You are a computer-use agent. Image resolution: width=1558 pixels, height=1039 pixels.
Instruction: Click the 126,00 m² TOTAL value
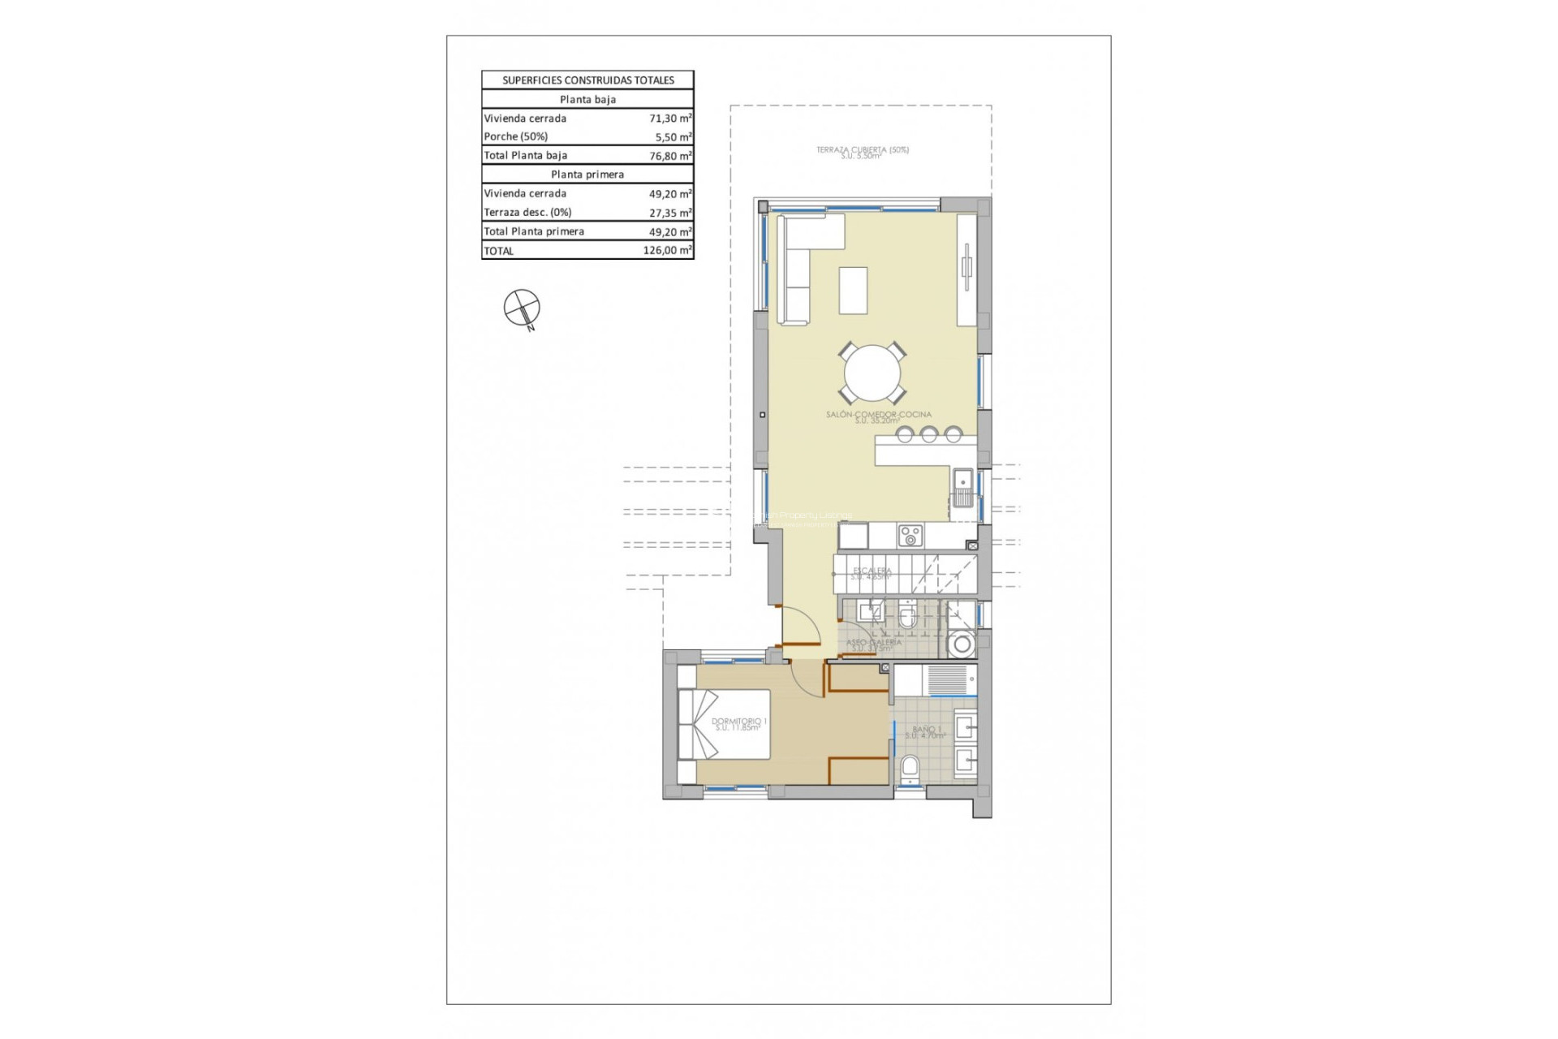pos(667,251)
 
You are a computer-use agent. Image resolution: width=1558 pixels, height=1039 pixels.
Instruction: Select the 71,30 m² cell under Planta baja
pos(669,119)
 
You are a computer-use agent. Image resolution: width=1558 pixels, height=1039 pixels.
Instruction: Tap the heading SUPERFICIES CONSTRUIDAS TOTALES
pos(587,80)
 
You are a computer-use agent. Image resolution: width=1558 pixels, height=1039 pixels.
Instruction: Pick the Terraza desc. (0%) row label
pos(527,213)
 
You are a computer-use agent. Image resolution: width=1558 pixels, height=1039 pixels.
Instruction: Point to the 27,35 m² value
pos(669,213)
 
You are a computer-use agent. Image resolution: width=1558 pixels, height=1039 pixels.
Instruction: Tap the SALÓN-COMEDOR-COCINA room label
pos(879,415)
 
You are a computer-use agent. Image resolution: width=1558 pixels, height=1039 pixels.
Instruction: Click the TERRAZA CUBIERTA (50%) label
pos(862,150)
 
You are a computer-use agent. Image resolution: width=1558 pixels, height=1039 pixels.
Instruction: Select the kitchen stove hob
pos(910,536)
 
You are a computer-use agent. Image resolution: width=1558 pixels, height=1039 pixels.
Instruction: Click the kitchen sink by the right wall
pos(963,488)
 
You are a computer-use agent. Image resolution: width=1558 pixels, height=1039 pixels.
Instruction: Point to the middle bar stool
pos(929,435)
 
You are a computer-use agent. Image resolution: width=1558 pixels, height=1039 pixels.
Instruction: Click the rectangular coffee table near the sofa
pos(853,290)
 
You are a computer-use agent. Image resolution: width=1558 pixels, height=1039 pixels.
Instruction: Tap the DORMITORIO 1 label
pos(738,722)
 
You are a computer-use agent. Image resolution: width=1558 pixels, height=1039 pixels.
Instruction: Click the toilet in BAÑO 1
pos(910,768)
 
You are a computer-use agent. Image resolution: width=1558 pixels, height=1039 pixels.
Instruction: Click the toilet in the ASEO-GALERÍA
pos(908,618)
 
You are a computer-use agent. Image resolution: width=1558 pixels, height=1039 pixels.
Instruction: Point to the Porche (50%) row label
pos(516,137)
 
